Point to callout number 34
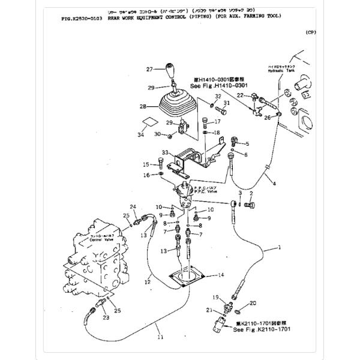(142, 135)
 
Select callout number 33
(163, 153)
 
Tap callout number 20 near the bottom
(252, 303)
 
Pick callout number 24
(134, 207)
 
